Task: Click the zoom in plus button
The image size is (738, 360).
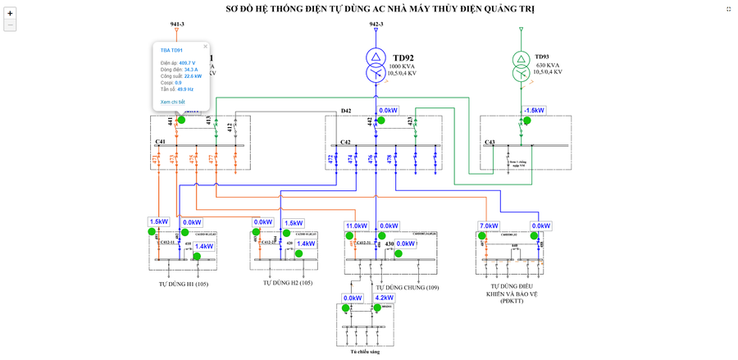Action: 10,13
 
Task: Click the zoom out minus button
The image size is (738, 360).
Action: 10,25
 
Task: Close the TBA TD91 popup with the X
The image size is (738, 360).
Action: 205,47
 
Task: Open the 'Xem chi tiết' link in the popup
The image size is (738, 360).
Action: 172,102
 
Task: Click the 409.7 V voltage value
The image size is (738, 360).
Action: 187,63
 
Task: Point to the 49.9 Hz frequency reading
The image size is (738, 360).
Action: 185,89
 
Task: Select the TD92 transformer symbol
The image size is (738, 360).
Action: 376,65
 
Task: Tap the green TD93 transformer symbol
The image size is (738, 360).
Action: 521,66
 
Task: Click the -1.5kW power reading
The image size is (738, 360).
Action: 535,111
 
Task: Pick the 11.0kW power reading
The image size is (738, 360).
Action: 357,226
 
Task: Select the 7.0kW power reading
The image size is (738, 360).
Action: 489,226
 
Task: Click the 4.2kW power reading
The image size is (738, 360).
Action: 384,298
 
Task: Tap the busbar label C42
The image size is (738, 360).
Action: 345,142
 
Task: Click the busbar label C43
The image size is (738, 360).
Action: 490,142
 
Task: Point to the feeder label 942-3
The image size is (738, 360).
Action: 376,24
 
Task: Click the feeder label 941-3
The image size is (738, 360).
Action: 177,24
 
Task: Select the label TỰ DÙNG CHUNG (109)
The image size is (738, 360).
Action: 408,288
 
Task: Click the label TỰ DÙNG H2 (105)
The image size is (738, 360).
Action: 288,283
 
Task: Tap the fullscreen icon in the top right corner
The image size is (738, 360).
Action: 728,9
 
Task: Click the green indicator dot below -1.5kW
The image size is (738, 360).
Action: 527,121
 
